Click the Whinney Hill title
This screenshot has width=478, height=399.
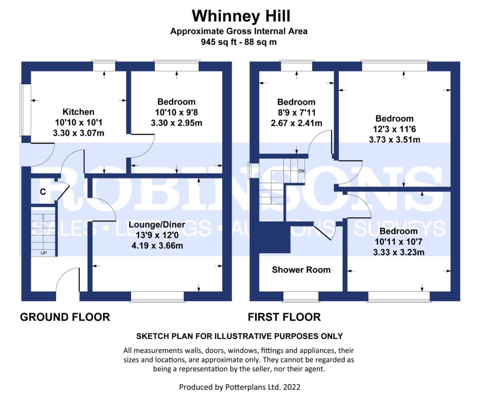coord(241,16)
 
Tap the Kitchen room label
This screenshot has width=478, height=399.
coord(78,112)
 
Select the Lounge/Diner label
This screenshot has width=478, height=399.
coord(157,225)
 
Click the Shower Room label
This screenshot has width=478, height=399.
coord(301,270)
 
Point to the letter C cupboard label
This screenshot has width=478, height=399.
coord(43,192)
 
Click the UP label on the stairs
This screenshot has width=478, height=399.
coord(44,253)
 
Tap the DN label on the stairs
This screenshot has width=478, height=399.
coord(301,171)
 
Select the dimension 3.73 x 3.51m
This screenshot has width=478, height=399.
coord(394,140)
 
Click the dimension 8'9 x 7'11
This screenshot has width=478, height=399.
coord(296,113)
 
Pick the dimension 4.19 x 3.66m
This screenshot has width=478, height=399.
coord(157,246)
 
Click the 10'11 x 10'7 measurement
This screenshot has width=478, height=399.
coord(399,242)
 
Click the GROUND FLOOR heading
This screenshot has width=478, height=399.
coord(65,317)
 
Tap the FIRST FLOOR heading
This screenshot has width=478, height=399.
coord(284,317)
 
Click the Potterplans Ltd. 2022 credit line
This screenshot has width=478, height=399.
coord(240,387)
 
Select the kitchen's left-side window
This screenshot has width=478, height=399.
coord(26,110)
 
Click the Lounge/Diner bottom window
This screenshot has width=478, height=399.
coord(157,297)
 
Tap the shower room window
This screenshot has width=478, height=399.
coord(301,297)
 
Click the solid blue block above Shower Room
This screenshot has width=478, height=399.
coord(275,237)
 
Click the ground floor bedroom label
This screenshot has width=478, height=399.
coord(176,102)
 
